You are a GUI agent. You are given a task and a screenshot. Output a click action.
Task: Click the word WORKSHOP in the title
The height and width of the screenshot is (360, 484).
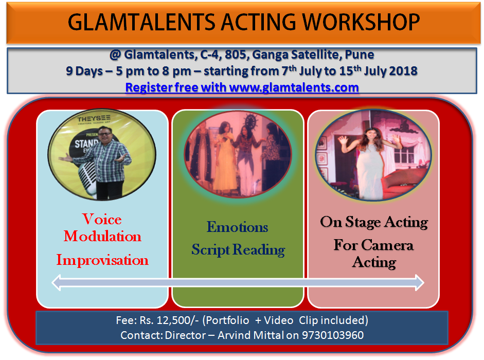coord(361,22)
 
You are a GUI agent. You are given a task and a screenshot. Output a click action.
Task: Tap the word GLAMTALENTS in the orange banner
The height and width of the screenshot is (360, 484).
coord(141,22)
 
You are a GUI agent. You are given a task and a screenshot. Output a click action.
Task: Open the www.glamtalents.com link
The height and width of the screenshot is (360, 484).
coord(294,87)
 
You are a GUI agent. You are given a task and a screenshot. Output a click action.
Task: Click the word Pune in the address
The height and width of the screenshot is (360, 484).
coord(360,55)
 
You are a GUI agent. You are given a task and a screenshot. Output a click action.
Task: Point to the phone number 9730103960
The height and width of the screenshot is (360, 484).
coord(333,335)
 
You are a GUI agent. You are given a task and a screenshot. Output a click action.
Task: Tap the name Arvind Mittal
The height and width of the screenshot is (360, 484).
coord(250,335)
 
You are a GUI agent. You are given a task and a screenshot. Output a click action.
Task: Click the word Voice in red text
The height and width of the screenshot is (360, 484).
coord(102,219)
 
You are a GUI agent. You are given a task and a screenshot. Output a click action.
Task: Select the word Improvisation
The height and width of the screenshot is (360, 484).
coord(102,260)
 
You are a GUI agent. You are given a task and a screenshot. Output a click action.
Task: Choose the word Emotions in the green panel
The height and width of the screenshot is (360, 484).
coord(237,227)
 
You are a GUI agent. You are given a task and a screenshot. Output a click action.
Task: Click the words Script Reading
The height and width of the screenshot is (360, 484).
coord(238,249)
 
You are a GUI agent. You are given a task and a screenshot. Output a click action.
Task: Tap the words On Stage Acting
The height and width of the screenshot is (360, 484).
coord(374,222)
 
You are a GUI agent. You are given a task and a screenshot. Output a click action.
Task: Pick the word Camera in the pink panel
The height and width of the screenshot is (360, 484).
coord(387,245)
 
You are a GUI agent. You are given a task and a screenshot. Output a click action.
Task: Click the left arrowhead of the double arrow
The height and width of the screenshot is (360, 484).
coord(56,282)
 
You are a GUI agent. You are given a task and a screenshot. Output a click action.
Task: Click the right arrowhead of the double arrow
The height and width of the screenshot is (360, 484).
coord(420,282)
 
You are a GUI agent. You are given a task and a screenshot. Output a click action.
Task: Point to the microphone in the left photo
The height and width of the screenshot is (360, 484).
coord(88,177)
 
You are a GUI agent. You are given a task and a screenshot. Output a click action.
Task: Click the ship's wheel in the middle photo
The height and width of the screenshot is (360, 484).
coord(250,120)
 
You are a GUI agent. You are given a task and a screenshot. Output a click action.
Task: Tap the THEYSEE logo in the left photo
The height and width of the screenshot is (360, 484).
coord(94,119)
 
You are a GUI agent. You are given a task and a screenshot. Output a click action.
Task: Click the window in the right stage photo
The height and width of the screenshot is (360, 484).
coord(404,154)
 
